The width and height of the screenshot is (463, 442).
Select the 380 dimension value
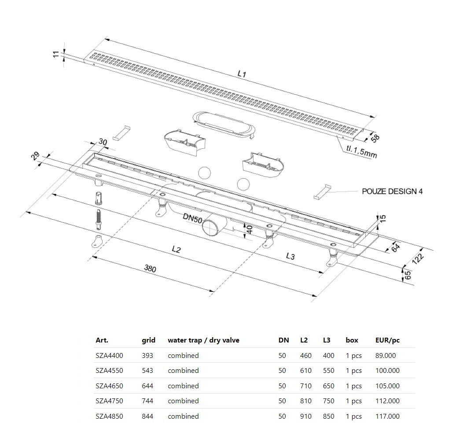pos(150,268)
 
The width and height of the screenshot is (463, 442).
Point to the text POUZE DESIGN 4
pos(392,192)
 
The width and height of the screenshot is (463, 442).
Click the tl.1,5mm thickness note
pos(361,152)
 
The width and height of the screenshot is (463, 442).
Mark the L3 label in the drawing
pos(290,256)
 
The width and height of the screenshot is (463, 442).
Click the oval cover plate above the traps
pos(224,124)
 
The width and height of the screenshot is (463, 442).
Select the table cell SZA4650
pos(109,386)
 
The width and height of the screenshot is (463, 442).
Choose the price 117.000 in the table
pos(387,416)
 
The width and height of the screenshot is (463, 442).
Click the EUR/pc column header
pos(387,340)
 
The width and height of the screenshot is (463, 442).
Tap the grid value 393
pos(147,356)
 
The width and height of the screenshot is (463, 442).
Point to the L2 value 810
pos(305,401)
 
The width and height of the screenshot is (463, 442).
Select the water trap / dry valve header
pos(203,340)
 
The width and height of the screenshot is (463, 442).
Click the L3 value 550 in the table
pos(328,371)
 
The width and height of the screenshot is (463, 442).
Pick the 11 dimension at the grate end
pos(56,55)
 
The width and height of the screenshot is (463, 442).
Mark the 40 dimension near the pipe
pos(249,229)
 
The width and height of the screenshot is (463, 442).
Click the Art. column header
pos(102,340)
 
